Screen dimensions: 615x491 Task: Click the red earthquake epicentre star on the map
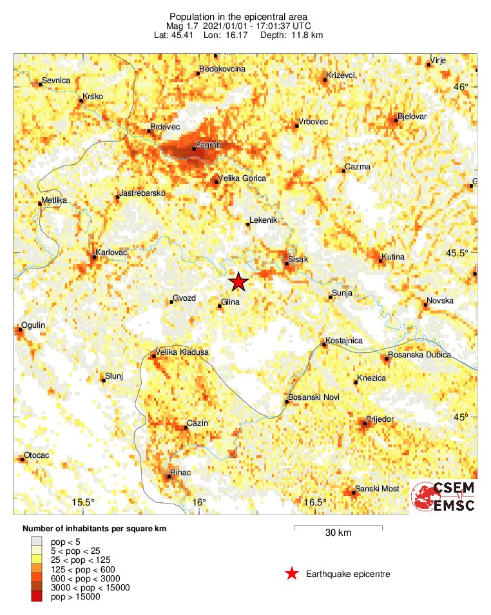pyautogui.click(x=238, y=281)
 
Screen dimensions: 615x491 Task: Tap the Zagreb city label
pyautogui.click(x=207, y=146)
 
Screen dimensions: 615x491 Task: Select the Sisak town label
pyautogui.click(x=297, y=260)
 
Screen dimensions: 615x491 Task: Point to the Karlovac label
pyautogui.click(x=111, y=252)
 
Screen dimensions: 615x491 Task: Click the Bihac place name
pyautogui.click(x=180, y=473)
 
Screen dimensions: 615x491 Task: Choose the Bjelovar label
pyautogui.click(x=412, y=117)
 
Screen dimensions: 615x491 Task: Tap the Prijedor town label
pyautogui.click(x=380, y=419)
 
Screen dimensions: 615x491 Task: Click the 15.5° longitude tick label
pyautogui.click(x=83, y=502)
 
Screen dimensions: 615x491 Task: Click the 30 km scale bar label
pyautogui.click(x=338, y=533)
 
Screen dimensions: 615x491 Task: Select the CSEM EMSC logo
pyautogui.click(x=443, y=497)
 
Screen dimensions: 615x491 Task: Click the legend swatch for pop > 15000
pyautogui.click(x=37, y=597)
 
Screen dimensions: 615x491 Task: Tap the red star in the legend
pyautogui.click(x=292, y=574)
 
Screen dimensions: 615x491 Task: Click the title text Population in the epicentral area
pyautogui.click(x=238, y=16)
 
